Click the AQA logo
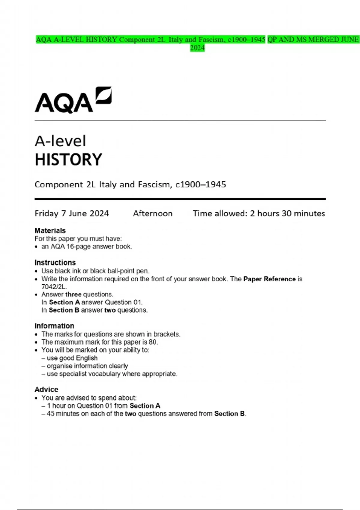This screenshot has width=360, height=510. pyautogui.click(x=73, y=100)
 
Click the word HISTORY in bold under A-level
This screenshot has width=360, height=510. pyautogui.click(x=68, y=160)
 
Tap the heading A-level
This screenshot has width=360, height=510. pyautogui.click(x=60, y=141)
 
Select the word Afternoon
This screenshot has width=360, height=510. pyautogui.click(x=153, y=213)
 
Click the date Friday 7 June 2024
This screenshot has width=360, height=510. pyautogui.click(x=72, y=213)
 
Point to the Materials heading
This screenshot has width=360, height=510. pyautogui.click(x=50, y=230)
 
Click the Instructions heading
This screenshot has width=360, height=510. pyautogui.click(x=55, y=262)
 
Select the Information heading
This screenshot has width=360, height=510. pyautogui.click(x=54, y=326)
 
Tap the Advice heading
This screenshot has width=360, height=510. pyautogui.click(x=46, y=389)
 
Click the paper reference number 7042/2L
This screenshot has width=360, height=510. pyautogui.click(x=54, y=287)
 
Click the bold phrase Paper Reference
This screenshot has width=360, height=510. pyautogui.click(x=269, y=279)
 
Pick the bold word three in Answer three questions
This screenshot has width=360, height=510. pyautogui.click(x=73, y=295)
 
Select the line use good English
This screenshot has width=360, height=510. pyautogui.click(x=72, y=358)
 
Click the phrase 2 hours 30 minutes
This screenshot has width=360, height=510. pyautogui.click(x=287, y=213)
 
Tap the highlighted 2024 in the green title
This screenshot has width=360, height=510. pyautogui.click(x=197, y=48)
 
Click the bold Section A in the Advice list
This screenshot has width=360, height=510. pyautogui.click(x=145, y=406)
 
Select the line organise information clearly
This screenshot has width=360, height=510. pyautogui.click(x=87, y=366)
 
